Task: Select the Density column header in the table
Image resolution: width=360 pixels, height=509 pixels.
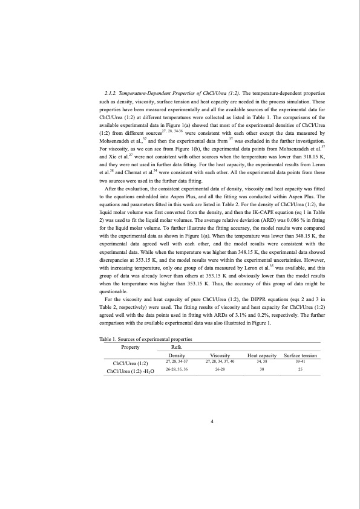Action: coord(177,355)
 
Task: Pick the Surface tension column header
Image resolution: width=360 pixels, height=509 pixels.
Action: coord(300,355)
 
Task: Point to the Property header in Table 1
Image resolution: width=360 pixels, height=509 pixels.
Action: coord(131,347)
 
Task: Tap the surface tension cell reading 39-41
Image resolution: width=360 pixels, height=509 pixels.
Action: coord(300,361)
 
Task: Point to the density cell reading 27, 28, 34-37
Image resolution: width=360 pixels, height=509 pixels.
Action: coord(177,361)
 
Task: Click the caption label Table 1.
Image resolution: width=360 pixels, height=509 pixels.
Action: coord(109,340)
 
